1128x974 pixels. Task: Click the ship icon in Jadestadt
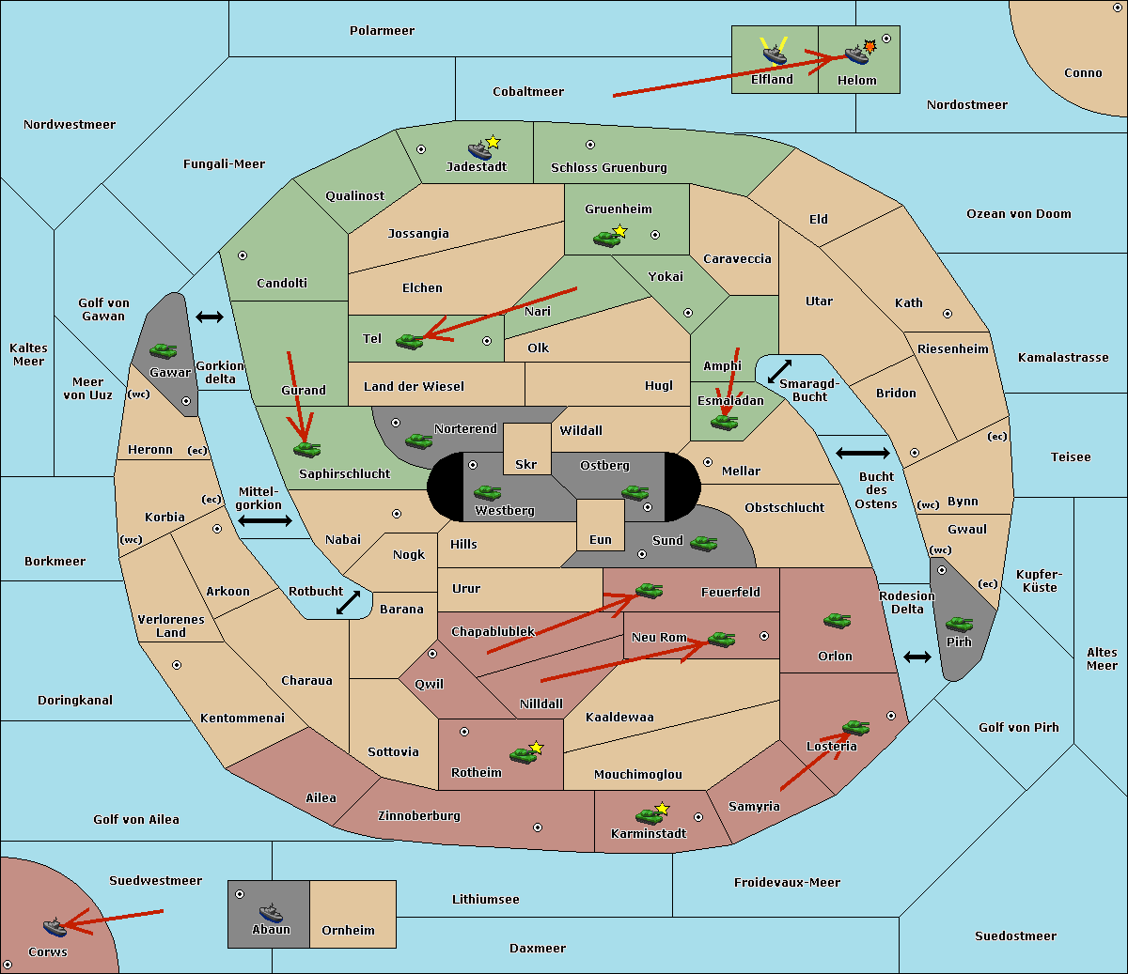[x=479, y=150]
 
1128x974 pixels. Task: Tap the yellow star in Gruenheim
[x=619, y=231]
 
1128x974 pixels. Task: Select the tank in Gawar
[x=164, y=350]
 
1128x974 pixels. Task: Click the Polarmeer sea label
[x=382, y=31]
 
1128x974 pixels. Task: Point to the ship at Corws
[x=55, y=927]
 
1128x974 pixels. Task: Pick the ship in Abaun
[x=271, y=912]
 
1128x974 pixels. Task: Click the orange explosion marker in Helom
[x=870, y=46]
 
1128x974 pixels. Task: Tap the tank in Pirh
[x=959, y=625]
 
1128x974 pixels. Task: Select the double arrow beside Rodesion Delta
[x=917, y=657]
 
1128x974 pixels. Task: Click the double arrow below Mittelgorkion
[x=265, y=521]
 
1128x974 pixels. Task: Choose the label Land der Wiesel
[x=414, y=386]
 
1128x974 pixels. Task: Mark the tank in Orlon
[x=837, y=621]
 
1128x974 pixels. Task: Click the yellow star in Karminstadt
[x=663, y=809]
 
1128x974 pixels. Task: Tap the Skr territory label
[x=526, y=465]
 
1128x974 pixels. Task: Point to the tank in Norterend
[x=419, y=441]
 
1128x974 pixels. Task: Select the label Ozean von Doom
[x=1018, y=214]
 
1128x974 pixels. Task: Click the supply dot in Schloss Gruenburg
[x=590, y=146]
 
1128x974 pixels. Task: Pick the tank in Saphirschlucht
[x=306, y=450]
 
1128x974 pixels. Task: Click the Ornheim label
[x=348, y=931]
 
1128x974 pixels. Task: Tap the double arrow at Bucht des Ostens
[x=862, y=454]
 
